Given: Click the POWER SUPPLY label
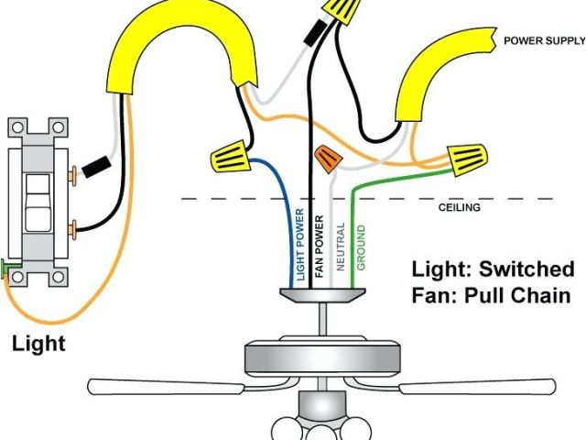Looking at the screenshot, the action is pos(543,41).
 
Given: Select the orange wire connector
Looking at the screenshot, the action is pos(326,159).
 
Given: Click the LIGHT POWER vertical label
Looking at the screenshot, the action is pos(300,244).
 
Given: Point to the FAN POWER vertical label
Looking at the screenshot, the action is pos(320,245).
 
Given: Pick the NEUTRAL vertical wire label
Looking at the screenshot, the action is pos(340,246).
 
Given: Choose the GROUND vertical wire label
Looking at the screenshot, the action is pos(360,246).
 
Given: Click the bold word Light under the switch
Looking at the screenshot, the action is pos(38,344).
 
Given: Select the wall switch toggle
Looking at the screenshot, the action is pos(36,201).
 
